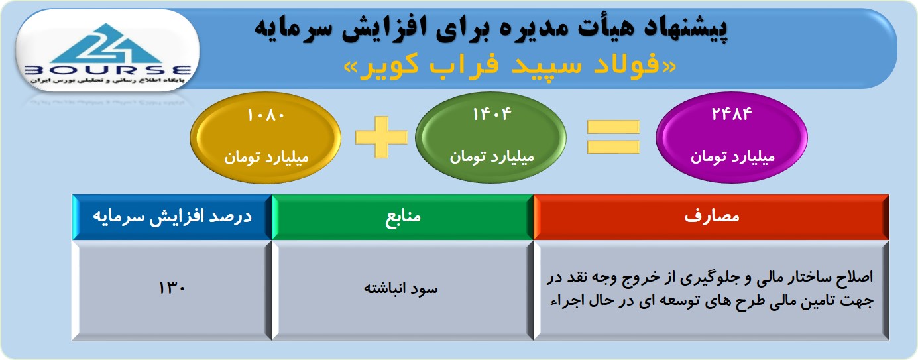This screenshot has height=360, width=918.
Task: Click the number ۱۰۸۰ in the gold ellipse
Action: coord(266,115)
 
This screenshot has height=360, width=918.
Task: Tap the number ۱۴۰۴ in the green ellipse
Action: coord(492,114)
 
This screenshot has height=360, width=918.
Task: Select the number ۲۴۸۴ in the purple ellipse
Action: coord(732,114)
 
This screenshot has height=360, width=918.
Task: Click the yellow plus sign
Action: coord(381,137)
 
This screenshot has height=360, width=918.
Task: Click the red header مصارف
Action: coord(712,216)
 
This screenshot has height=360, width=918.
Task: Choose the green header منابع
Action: coord(403,216)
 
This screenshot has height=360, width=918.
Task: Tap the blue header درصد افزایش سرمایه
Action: coord(172,216)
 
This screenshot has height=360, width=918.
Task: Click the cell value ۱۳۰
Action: coord(172,288)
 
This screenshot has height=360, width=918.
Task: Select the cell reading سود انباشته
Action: coord(401,288)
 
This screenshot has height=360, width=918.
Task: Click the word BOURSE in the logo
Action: coord(108,70)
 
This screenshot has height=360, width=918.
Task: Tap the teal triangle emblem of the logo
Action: coord(107,44)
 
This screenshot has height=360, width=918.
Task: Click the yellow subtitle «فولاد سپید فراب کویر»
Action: coord(510,65)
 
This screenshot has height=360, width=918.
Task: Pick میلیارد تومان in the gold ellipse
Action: coord(266,157)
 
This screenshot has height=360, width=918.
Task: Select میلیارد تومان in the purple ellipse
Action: coord(733,156)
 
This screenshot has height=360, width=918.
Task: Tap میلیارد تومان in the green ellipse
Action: coord(492,156)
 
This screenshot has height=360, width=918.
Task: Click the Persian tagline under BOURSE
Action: coord(107,80)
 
